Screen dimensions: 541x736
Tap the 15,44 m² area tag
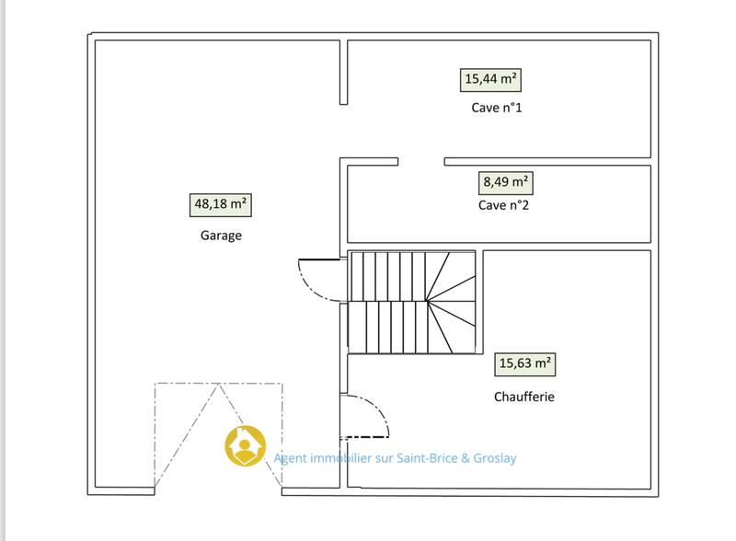[x=490, y=79]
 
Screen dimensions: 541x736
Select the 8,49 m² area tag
[x=506, y=181]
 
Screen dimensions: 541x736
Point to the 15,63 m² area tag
[x=525, y=363]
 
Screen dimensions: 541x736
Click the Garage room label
[x=221, y=235]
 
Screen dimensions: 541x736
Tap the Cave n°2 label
[x=504, y=205]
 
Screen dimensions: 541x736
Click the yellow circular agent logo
[x=246, y=446]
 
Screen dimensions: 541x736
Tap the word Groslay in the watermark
[x=507, y=457]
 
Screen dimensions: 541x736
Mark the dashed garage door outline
[x=219, y=432]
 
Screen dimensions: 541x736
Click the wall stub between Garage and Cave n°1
[x=344, y=72]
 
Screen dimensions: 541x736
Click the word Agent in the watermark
[x=292, y=457]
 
